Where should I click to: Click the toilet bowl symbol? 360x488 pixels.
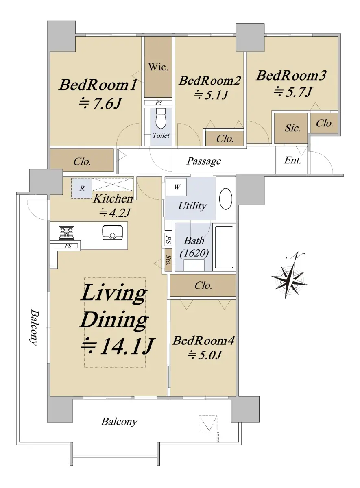(x=161, y=119)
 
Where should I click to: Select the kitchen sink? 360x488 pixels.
(x=112, y=233)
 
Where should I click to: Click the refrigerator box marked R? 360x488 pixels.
(x=82, y=188)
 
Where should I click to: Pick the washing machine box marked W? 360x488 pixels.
(x=176, y=187)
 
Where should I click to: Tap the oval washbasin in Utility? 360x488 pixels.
(x=226, y=199)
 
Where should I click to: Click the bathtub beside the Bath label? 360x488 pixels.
(x=224, y=247)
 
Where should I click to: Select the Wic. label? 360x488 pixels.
(x=158, y=67)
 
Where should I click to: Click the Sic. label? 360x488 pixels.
(x=292, y=128)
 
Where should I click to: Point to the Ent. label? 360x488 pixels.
(x=292, y=160)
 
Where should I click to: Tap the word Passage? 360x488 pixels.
(x=204, y=161)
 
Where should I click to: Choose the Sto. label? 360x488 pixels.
(x=168, y=260)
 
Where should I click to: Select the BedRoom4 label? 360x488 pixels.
(x=203, y=340)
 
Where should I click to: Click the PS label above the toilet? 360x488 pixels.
(x=159, y=102)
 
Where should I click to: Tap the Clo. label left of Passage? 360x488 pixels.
(x=82, y=161)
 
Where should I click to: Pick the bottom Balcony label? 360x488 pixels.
(x=120, y=422)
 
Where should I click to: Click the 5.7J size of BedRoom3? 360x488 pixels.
(x=294, y=91)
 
